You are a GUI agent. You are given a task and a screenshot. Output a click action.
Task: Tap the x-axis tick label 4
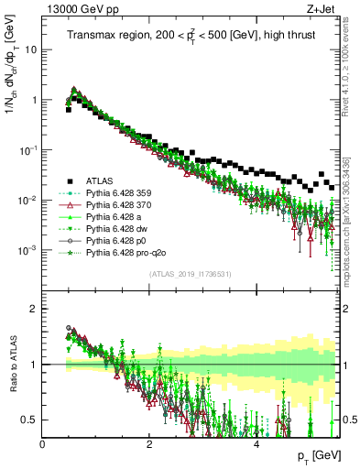click(256, 444)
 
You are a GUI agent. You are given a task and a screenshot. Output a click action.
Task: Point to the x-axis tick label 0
click(43, 444)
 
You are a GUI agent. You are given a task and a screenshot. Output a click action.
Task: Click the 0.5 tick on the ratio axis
click(30, 420)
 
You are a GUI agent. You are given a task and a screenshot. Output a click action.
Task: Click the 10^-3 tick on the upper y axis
click(27, 249)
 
